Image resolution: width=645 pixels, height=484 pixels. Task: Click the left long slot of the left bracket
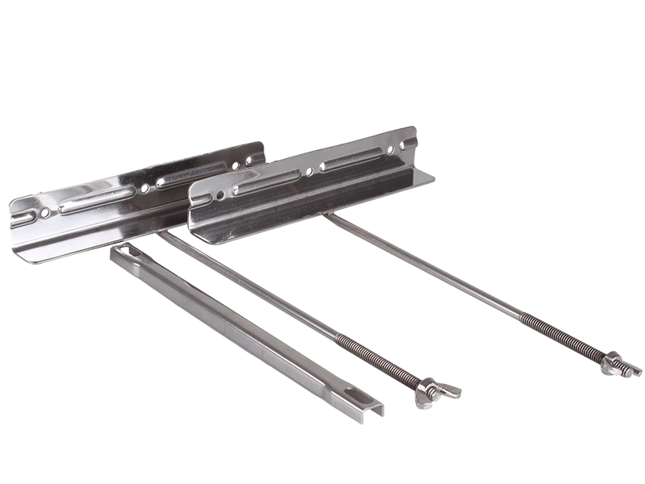[97, 198]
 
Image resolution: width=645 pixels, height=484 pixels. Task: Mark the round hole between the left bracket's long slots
[144, 188]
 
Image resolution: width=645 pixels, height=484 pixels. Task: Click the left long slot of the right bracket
[266, 182]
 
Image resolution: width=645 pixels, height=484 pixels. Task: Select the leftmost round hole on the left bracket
[45, 213]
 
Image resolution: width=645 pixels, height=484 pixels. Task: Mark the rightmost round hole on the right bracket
[389, 150]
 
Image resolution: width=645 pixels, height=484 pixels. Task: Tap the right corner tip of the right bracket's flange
[435, 177]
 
